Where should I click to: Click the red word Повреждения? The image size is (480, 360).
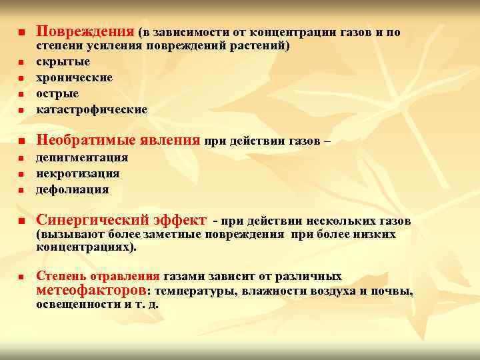pos(85,31)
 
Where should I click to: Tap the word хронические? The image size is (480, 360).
pos(74,78)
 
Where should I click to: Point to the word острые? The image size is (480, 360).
pos(57,94)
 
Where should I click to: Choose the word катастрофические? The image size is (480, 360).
pos(91,109)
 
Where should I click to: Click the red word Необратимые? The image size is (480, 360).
pos(87,140)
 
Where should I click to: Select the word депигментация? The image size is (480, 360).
pos(81,158)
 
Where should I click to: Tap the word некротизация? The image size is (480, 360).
pos(77,173)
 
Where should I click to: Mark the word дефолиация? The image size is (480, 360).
pos(72,189)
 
